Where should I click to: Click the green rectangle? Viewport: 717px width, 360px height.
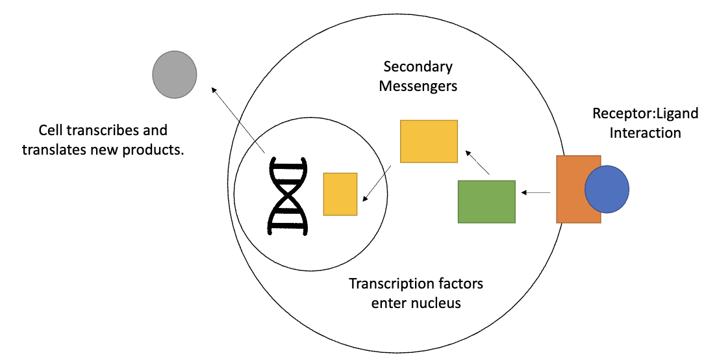point(486,201)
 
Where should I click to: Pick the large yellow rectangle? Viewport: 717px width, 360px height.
point(429,141)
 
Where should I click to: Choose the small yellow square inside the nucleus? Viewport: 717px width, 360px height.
point(340,194)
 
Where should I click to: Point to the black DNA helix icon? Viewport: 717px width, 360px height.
point(287,194)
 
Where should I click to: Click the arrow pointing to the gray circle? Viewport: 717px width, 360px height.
point(238,120)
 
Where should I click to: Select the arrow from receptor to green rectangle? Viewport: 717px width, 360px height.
point(536,192)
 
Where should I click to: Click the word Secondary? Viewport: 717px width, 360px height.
point(418,67)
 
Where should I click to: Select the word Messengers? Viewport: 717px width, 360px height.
point(418,86)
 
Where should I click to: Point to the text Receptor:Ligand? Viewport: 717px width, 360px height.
point(645,114)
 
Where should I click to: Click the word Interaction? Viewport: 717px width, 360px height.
point(645,133)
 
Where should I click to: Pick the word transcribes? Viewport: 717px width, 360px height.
point(97,130)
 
